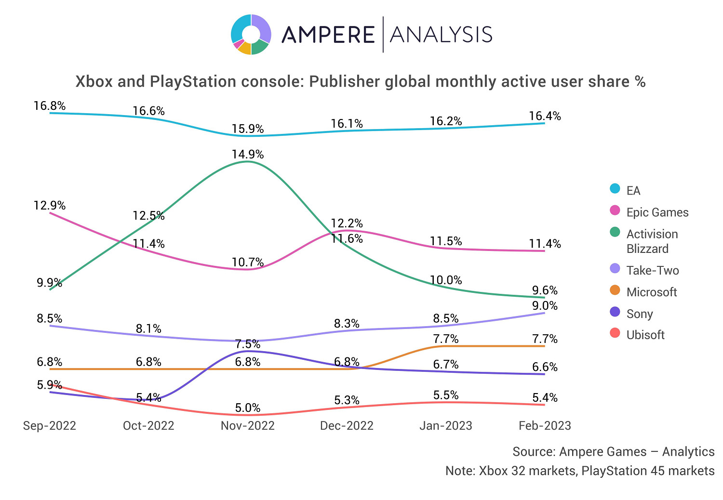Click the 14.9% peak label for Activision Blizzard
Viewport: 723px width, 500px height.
[247, 155]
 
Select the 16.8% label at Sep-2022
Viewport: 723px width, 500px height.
[50, 105]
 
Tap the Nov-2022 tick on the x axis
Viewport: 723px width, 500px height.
[247, 426]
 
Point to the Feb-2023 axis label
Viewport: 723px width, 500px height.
[545, 426]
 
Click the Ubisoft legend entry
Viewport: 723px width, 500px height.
[645, 335]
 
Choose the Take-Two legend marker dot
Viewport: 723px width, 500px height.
[615, 269]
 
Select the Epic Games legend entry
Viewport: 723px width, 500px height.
[657, 212]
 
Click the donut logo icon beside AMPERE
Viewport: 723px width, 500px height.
[251, 35]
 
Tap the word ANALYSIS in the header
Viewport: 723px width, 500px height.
[441, 35]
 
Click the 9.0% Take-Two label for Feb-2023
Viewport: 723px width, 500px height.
[545, 306]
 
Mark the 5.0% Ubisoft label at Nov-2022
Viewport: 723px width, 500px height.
[247, 408]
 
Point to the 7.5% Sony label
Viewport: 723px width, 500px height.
[247, 344]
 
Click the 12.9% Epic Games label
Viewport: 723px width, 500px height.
[50, 206]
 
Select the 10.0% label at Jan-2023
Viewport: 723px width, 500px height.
[446, 280]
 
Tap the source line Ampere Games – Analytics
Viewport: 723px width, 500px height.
[613, 452]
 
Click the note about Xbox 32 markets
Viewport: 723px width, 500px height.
[580, 471]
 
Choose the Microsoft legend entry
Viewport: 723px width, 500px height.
[651, 292]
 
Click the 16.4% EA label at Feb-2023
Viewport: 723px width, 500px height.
[545, 116]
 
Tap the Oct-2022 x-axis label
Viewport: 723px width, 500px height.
[148, 426]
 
